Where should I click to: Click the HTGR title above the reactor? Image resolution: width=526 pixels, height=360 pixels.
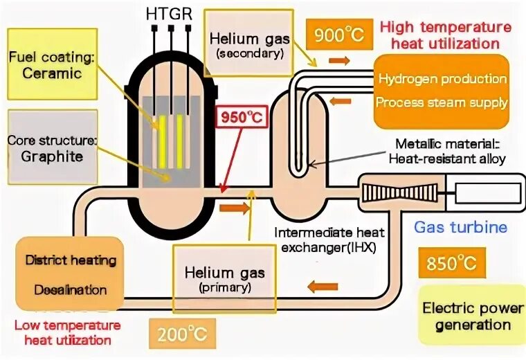(x=169, y=14)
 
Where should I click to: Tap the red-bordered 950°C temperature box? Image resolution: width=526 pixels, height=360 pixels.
(x=242, y=118)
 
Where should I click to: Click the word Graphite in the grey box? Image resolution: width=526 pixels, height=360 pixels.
(x=51, y=156)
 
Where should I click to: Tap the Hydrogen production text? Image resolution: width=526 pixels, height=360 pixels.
(x=442, y=79)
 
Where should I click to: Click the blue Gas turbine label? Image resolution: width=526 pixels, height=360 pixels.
(x=460, y=226)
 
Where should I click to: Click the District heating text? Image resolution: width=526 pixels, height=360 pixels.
(x=71, y=261)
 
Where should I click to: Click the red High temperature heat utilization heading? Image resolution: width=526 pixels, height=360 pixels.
(x=446, y=35)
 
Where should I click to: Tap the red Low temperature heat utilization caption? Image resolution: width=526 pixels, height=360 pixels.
(x=67, y=332)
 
